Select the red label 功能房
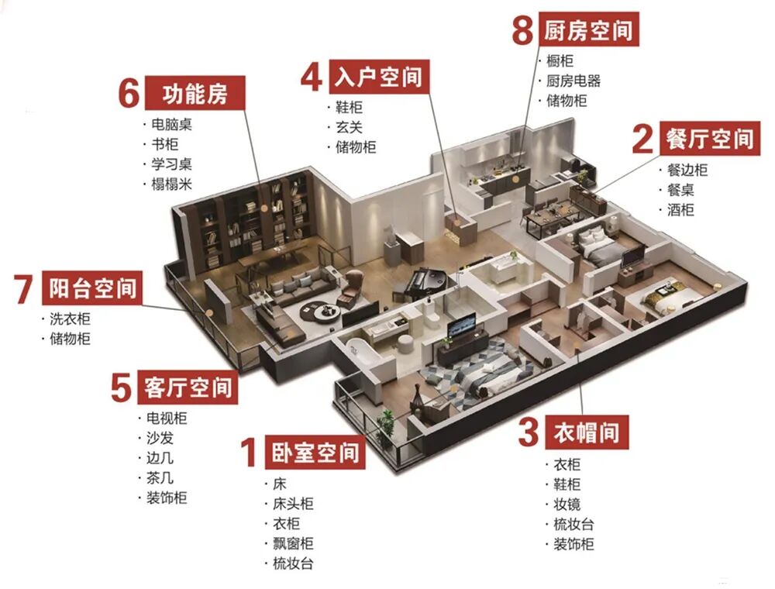195,95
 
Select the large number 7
22,289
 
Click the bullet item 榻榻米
171,184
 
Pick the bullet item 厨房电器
573,81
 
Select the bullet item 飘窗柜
293,544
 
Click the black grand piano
423,280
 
